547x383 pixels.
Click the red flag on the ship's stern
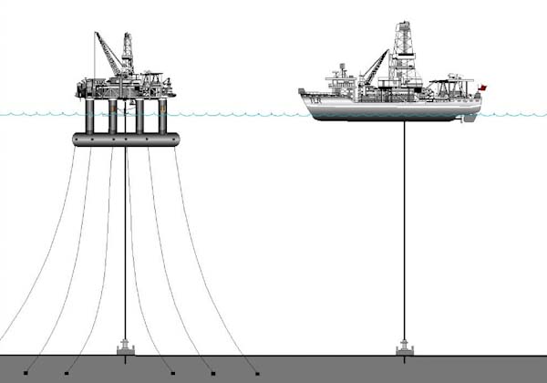482,88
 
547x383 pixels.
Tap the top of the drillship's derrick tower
403,25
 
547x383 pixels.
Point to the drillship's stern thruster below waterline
470,118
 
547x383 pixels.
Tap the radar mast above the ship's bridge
342,69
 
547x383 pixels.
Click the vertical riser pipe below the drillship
404,228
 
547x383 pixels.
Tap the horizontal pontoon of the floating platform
126,140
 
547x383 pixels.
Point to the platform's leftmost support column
89,116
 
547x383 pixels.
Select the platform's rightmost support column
162,116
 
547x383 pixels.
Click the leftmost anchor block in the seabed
26,373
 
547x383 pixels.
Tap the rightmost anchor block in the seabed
257,373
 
